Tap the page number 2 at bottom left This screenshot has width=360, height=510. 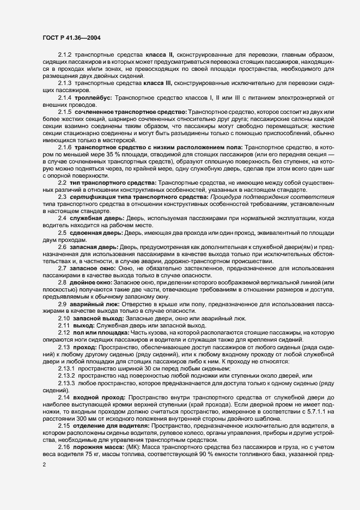44,465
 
